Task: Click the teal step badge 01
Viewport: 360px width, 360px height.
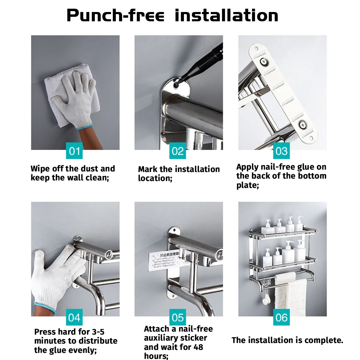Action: (74, 151)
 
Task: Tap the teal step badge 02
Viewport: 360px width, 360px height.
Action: (178, 151)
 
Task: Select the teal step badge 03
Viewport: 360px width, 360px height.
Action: (281, 151)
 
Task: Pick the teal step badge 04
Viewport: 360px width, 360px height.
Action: (74, 317)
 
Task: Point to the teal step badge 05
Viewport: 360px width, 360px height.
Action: (178, 317)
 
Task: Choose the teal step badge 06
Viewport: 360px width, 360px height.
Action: (281, 317)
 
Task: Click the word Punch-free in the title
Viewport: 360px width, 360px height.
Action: (115, 16)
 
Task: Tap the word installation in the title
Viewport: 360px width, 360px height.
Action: (226, 16)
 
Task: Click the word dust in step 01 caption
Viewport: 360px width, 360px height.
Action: (89, 169)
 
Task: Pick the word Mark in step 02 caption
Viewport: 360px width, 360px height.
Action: (148, 169)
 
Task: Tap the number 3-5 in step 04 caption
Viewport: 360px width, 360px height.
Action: (98, 332)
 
